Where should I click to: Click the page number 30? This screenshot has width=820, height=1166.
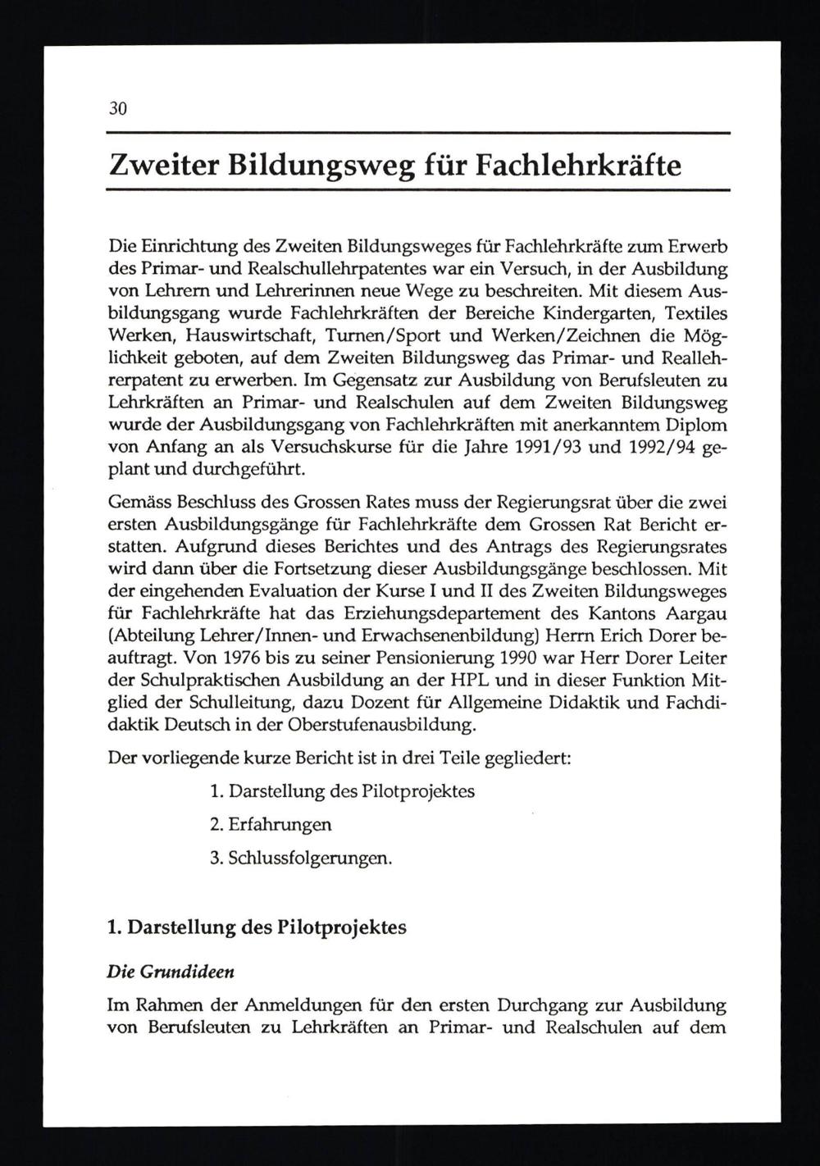point(117,109)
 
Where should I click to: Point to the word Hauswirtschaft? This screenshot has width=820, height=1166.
point(251,335)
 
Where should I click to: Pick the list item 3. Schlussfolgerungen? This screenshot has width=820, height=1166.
point(300,858)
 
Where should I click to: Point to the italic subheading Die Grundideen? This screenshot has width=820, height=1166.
point(171,972)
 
